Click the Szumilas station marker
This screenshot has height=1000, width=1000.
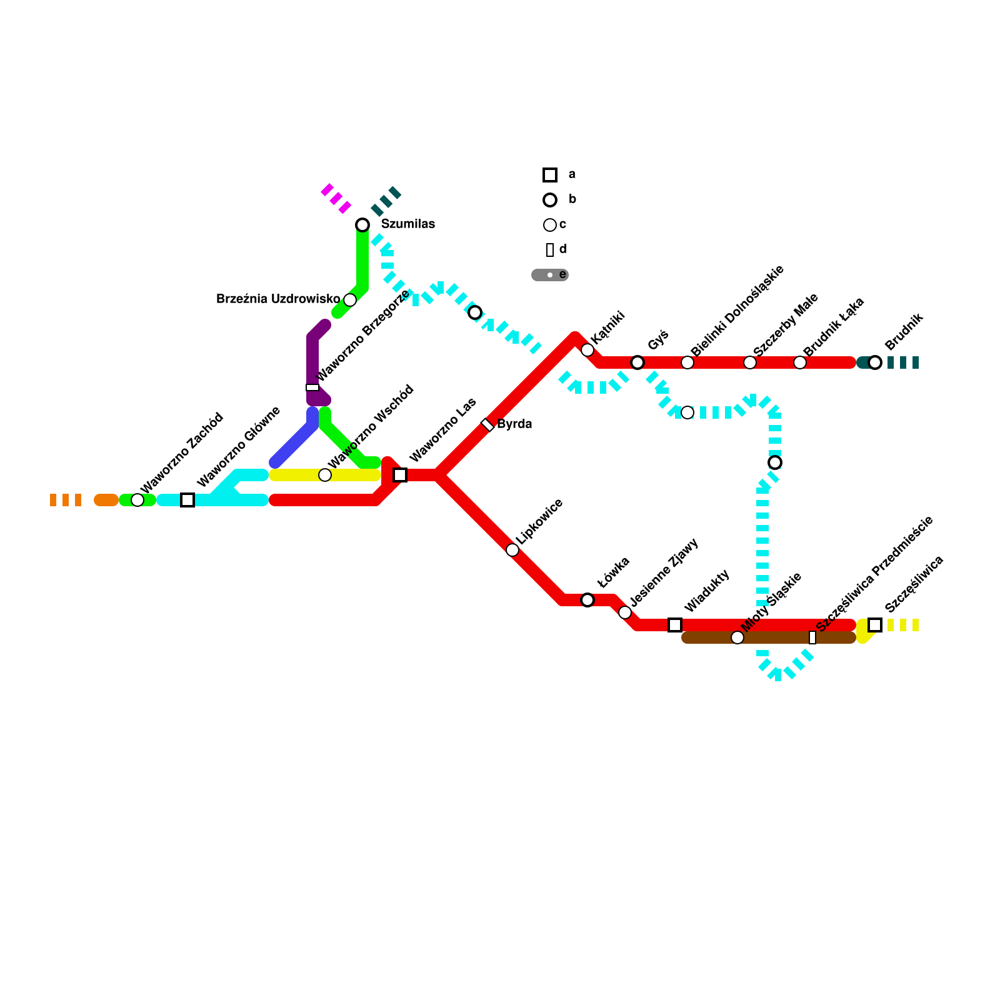362,225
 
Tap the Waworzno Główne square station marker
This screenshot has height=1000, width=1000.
187,500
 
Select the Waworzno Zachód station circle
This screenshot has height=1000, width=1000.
137,500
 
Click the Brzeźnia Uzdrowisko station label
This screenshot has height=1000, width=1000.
278,299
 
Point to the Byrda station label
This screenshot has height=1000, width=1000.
514,424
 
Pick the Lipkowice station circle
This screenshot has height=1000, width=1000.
512,550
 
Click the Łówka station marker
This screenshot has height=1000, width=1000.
587,600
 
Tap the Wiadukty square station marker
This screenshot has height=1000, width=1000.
675,625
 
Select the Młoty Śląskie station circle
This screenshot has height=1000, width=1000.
737,637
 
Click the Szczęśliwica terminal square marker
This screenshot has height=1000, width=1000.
875,625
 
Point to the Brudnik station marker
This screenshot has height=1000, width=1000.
875,362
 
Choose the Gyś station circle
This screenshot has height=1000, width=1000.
637,362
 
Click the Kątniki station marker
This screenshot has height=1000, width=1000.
587,350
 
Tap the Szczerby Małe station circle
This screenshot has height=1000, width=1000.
750,362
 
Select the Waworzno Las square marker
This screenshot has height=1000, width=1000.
400,475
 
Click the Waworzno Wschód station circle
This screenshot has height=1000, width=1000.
325,475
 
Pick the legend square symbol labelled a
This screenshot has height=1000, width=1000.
550,175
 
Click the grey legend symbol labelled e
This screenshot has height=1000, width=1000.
550,275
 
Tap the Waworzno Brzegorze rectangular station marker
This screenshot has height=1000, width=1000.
312,387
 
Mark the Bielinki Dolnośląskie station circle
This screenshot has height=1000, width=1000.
687,362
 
